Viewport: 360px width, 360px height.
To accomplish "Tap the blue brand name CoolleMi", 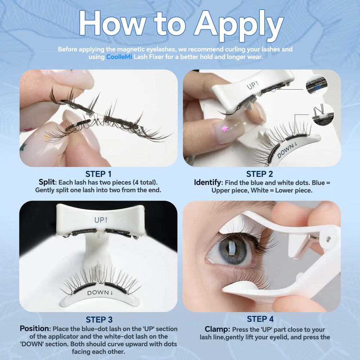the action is click(119, 57).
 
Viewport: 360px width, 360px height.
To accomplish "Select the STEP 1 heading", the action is click(98, 174).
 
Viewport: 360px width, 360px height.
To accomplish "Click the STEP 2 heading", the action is click(260, 174).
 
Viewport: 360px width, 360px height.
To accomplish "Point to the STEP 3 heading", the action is click(99, 320).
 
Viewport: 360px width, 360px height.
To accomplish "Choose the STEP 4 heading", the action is click(260, 319).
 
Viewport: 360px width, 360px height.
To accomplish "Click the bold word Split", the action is click(47, 182).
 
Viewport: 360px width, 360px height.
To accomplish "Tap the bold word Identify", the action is click(207, 183).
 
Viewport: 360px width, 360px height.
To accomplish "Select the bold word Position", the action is click(35, 329).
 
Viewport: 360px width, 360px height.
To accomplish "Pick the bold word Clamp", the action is click(217, 329).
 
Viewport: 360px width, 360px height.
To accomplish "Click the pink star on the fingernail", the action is click(225, 129).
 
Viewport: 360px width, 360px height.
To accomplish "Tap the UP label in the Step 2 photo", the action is click(253, 85).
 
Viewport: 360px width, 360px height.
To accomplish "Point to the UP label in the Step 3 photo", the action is click(101, 220).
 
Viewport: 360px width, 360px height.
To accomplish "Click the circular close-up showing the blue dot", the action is click(317, 85).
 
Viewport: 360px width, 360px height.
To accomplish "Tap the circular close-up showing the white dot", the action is click(323, 114).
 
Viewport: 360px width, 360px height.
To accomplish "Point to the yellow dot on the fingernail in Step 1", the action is click(47, 136).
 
